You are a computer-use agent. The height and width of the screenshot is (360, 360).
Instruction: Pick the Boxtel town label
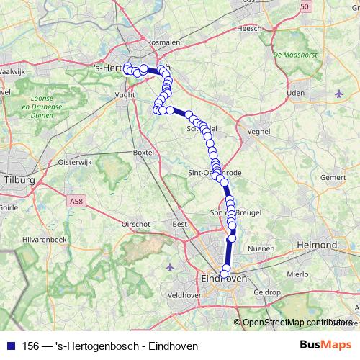pyautogui.click(x=144, y=153)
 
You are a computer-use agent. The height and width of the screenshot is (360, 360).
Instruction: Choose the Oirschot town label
pyautogui.click(x=135, y=224)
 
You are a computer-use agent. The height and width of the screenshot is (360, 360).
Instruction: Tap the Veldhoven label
pyautogui.click(x=185, y=295)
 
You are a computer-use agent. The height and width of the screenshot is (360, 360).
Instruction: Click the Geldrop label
pyautogui.click(x=266, y=292)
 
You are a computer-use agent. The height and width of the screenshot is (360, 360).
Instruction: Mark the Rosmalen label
pyautogui.click(x=163, y=43)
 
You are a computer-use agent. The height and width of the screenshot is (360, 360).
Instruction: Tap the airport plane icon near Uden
pyautogui.click(x=339, y=93)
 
